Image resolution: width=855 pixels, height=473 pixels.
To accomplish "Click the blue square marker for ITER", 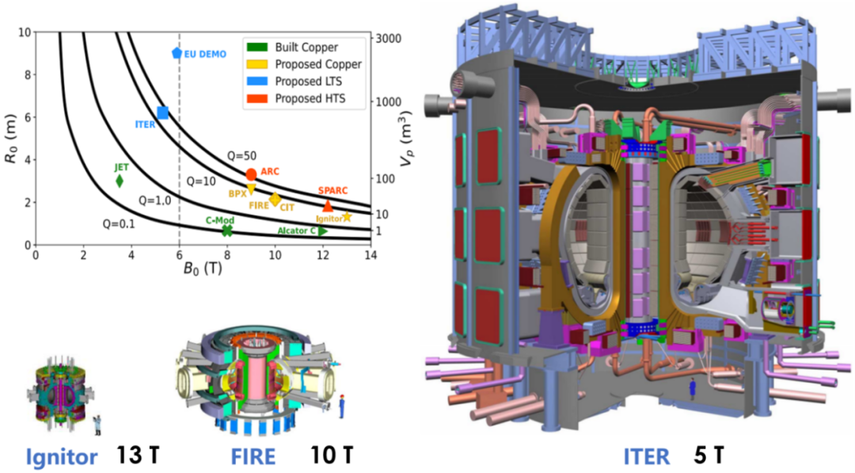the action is (x=162, y=113).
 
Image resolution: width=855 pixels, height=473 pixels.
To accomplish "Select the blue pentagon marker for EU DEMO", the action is (x=177, y=53).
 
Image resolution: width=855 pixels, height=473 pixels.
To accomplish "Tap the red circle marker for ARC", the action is (x=251, y=174).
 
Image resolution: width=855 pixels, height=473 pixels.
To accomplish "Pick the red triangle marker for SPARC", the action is (x=328, y=206).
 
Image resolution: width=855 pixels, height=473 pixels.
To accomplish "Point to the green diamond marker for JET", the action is (x=120, y=181).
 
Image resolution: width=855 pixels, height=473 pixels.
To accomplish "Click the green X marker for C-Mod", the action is (x=227, y=231).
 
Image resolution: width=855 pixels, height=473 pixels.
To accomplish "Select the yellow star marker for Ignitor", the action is (x=347, y=216).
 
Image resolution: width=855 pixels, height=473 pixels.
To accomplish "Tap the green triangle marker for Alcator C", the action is (x=323, y=231).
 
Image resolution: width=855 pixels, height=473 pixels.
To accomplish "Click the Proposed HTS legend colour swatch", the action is (x=256, y=98).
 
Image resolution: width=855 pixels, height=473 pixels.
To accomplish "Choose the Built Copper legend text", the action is (x=306, y=48).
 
